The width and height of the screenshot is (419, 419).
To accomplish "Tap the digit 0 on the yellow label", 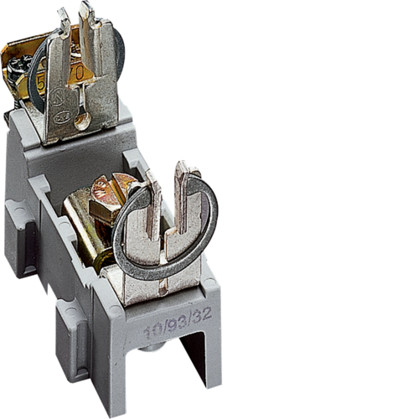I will tap(79, 73).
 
